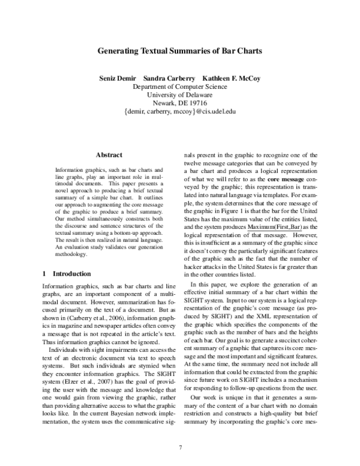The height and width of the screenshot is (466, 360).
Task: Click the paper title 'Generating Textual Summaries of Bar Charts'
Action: coord(180,52)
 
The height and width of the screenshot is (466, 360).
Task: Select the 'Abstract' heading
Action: coord(109,154)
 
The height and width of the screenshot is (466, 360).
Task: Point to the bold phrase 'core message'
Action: coord(286,179)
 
